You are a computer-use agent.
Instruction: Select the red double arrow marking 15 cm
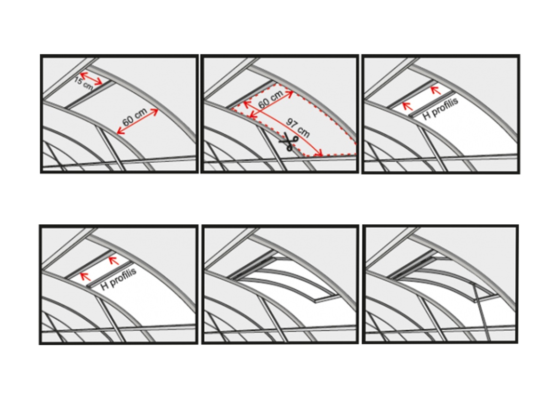(91, 78)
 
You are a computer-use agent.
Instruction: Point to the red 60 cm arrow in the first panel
(138, 121)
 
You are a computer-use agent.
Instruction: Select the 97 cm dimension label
(298, 128)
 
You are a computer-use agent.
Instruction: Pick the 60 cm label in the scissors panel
(270, 100)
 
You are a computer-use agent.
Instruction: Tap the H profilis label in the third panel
(441, 109)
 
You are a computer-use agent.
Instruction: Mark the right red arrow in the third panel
(436, 90)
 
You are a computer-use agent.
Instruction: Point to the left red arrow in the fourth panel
(85, 277)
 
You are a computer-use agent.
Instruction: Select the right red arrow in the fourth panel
(114, 261)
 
